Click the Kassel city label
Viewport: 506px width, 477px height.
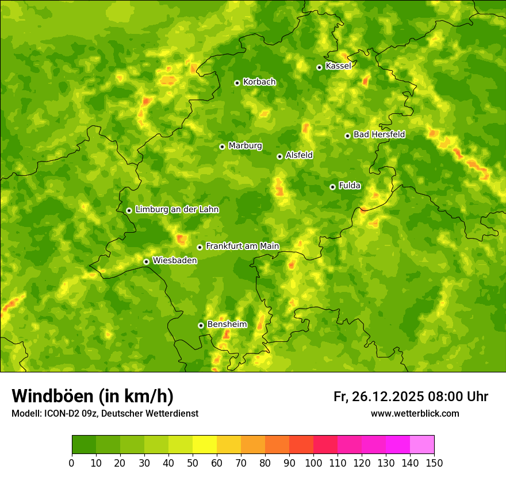338,66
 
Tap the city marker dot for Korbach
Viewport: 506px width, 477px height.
237,83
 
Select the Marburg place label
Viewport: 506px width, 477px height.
245,146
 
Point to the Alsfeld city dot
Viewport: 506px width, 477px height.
279,156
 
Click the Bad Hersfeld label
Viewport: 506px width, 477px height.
379,134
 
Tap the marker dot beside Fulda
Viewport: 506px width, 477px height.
332,187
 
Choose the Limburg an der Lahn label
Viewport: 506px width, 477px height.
177,210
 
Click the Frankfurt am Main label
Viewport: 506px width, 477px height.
242,246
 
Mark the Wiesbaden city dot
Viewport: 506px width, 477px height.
146,261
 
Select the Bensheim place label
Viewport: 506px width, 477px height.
227,324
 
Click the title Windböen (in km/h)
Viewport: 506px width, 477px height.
93,396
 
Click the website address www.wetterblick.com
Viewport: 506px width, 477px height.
415,413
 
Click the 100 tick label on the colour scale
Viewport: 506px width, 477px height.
313,463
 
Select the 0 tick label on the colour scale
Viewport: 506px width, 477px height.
72,463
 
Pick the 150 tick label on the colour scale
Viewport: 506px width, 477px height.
434,463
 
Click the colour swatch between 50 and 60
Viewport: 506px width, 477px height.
205,445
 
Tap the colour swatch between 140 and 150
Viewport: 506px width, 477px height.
422,445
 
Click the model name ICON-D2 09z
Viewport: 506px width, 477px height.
66,413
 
